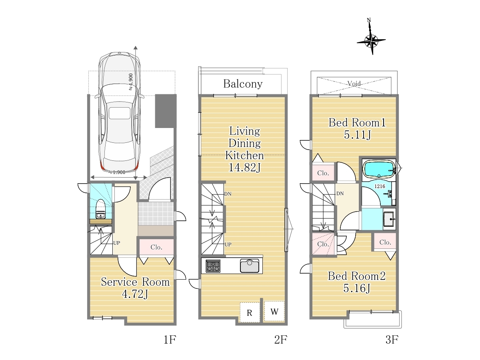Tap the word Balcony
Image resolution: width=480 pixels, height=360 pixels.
(243, 84)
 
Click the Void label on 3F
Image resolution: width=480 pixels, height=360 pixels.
(354, 83)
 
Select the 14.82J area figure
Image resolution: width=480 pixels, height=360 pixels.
(244, 168)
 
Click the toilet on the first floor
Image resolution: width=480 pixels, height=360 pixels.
(101, 209)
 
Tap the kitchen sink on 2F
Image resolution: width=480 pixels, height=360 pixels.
(250, 266)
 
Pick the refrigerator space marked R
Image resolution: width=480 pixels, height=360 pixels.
(250, 312)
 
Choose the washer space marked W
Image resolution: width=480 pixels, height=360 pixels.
(274, 312)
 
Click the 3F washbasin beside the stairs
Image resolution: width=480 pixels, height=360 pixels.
(390, 218)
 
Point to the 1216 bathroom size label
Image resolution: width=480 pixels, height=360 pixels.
(380, 186)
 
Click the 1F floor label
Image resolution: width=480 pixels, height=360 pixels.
(170, 340)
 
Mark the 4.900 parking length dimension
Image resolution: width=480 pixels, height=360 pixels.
(130, 82)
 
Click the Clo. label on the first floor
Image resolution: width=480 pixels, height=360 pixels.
(156, 247)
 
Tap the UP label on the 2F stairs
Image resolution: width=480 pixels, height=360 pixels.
(228, 244)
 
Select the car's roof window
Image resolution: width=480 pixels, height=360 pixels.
(120, 113)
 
